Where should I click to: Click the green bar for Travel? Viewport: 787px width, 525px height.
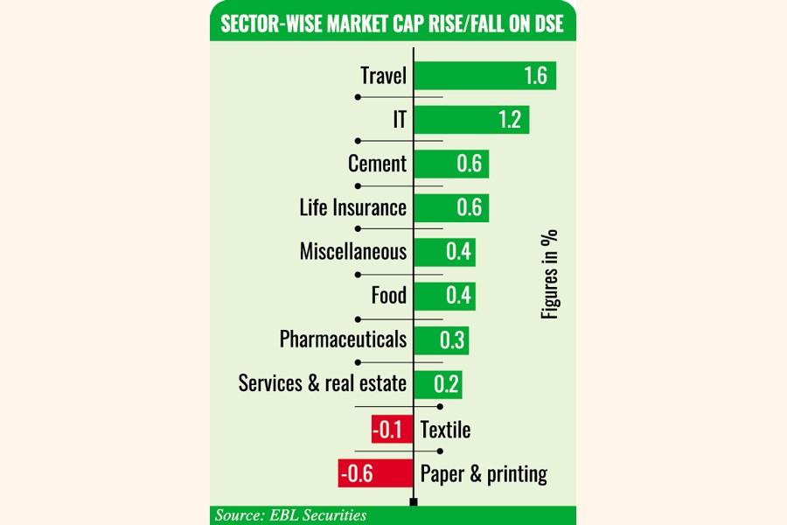[484, 75]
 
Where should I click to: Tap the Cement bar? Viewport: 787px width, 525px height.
[450, 164]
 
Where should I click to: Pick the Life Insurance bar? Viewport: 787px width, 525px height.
[450, 208]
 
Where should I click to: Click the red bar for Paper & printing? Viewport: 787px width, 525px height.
[375, 473]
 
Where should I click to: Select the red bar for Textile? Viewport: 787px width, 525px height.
[391, 430]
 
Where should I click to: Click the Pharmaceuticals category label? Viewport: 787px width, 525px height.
[343, 339]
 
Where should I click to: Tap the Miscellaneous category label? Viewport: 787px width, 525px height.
[353, 252]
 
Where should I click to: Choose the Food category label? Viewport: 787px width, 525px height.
[389, 296]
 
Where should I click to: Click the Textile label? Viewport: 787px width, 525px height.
[445, 430]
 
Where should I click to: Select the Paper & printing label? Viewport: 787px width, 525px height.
[484, 474]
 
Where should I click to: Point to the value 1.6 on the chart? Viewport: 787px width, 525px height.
[535, 76]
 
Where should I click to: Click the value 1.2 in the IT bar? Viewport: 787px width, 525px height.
[510, 120]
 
